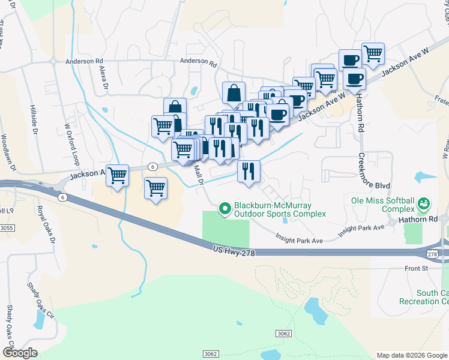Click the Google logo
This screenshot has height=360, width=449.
20,353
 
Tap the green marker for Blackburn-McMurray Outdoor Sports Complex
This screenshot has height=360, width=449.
225,209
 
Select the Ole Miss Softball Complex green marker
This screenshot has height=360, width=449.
424,204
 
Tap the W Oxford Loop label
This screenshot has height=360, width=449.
71,144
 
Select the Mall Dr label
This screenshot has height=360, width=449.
200,174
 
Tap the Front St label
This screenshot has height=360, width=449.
415,268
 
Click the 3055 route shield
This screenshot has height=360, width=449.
7,228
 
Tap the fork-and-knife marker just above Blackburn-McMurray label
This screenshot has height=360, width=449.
249,172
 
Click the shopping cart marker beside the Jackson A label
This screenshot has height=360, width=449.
118,176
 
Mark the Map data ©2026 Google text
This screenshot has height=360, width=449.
412,355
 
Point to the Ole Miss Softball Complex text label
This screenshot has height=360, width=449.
383,204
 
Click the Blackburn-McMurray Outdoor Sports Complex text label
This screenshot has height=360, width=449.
280,209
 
